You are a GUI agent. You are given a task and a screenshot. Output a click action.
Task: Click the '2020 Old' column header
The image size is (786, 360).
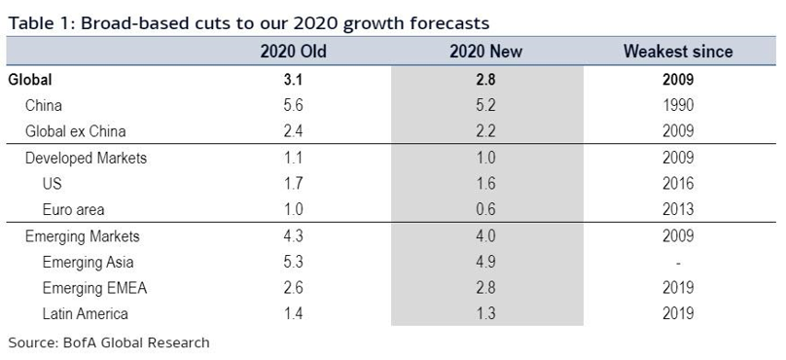point(293,52)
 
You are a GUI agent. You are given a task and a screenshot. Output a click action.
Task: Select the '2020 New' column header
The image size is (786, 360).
point(485,52)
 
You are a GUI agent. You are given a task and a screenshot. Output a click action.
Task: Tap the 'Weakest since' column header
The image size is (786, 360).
point(678,52)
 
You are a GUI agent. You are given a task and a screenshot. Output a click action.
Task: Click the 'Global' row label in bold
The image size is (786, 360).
point(30,79)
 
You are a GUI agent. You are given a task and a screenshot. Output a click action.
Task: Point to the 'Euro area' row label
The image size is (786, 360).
point(73,209)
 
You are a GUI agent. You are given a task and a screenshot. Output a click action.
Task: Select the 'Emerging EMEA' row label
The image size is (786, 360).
point(94,288)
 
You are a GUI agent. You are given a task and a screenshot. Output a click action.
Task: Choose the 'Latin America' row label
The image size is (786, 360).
point(86,314)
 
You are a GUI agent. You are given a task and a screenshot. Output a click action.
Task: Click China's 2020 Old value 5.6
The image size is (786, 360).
point(293,105)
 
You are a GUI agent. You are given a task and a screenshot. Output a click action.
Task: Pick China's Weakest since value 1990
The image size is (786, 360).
point(678,105)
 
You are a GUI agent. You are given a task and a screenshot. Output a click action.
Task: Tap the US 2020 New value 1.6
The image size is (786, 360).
point(485,184)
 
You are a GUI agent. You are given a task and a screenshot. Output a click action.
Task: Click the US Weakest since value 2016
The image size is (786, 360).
point(678,184)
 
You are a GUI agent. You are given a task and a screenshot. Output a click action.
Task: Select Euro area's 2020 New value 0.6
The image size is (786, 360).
point(485,209)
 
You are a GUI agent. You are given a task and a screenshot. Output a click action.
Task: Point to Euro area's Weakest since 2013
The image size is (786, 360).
point(678,209)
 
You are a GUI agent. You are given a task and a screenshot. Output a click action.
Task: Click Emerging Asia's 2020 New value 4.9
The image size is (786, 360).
point(485,262)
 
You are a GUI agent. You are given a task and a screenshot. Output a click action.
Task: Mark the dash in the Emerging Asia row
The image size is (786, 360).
point(678,264)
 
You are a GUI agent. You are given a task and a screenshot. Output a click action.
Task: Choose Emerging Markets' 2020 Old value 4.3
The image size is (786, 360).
point(293,235)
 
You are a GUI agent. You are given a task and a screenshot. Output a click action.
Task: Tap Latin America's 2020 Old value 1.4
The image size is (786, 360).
point(293,314)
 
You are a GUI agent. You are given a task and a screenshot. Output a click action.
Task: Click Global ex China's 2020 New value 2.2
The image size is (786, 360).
point(485,131)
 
